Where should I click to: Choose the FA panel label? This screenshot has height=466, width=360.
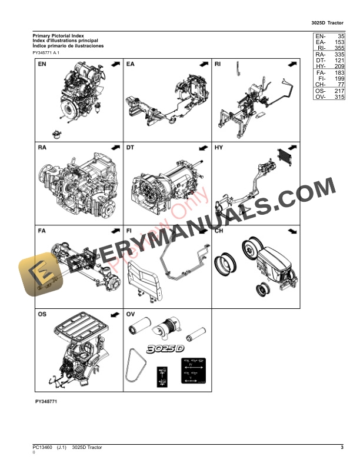(x=42, y=231)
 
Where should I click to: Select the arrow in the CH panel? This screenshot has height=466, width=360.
(x=290, y=231)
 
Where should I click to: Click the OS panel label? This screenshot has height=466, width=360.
(x=42, y=315)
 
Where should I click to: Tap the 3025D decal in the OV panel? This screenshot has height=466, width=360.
(x=165, y=349)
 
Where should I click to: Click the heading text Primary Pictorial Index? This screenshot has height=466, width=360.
(x=58, y=36)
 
